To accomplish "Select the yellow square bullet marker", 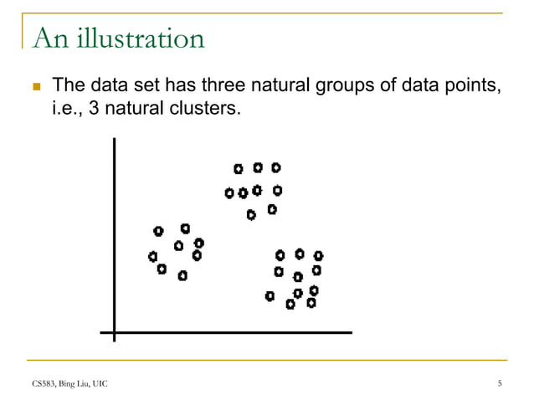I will coord(34,87).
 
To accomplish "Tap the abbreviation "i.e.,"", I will coord(69,109).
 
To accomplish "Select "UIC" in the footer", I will coord(101,384).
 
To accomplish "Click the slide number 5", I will coord(500,384).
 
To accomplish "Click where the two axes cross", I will coord(113,333).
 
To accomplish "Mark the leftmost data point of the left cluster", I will coord(152,256).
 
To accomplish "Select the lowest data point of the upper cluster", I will coord(251,215).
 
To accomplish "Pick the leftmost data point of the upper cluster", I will coord(229,193).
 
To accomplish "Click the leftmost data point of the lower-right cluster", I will coord(270,295).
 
